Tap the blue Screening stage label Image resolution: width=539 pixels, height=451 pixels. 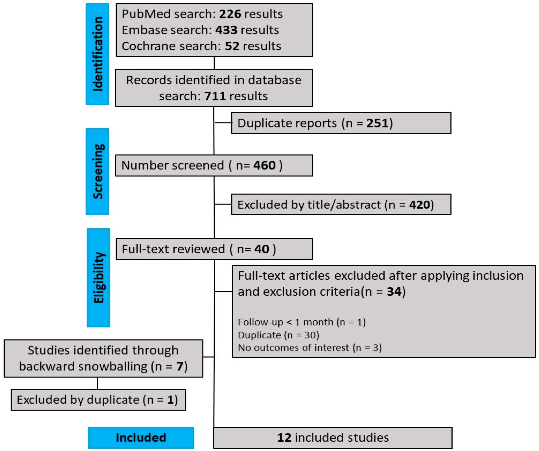tap(97, 171)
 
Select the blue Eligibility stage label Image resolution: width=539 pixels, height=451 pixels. tap(98, 278)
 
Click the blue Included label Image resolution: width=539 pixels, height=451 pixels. tap(141, 437)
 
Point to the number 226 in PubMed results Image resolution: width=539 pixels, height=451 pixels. tap(230, 14)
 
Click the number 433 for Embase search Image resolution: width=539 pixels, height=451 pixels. tap(226, 30)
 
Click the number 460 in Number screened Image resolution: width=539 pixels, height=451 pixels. tap(264, 165)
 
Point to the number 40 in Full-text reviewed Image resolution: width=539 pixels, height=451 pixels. tap(262, 249)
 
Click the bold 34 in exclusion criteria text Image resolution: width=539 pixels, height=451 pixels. tap(394, 292)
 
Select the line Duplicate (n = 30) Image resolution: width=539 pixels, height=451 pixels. tap(278, 335)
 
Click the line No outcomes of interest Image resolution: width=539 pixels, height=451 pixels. tap(309, 348)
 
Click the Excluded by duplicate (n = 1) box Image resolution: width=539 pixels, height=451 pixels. tap(98, 400)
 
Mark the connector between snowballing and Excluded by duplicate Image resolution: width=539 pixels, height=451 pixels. tap(97, 383)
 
